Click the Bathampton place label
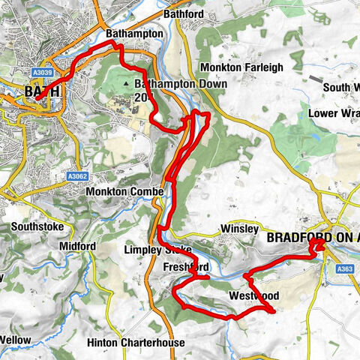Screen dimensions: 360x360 coord(134,34)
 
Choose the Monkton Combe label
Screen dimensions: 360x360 coord(124,192)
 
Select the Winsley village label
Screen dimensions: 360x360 coord(240,229)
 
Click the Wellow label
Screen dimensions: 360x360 coord(15,340)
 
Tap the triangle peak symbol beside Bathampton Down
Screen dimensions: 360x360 coord(136,84)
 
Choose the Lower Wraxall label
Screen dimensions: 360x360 coord(333,113)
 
